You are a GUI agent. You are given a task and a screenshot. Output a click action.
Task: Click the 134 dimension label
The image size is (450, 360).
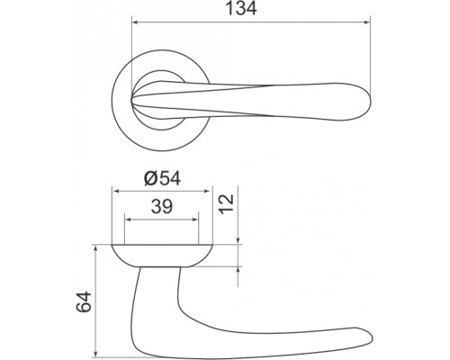point(241,9)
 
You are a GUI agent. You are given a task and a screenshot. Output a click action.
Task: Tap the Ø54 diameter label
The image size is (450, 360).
point(162,179)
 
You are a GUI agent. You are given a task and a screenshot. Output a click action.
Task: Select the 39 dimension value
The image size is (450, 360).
point(162,207)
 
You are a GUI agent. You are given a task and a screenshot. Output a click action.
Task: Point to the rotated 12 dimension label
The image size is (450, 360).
point(226,203)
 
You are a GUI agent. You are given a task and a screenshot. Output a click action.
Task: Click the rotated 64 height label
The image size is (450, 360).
point(84,302)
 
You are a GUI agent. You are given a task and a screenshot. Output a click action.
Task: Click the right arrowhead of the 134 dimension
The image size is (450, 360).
point(367,22)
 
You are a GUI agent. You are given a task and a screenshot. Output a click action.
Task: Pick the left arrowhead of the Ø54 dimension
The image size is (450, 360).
point(116,191)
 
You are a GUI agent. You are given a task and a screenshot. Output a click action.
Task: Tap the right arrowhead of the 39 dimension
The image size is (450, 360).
point(194,220)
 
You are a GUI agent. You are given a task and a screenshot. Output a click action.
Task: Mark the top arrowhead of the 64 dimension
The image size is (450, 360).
point(95,249)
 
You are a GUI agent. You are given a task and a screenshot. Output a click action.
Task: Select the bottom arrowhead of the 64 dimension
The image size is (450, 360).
point(95,353)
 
